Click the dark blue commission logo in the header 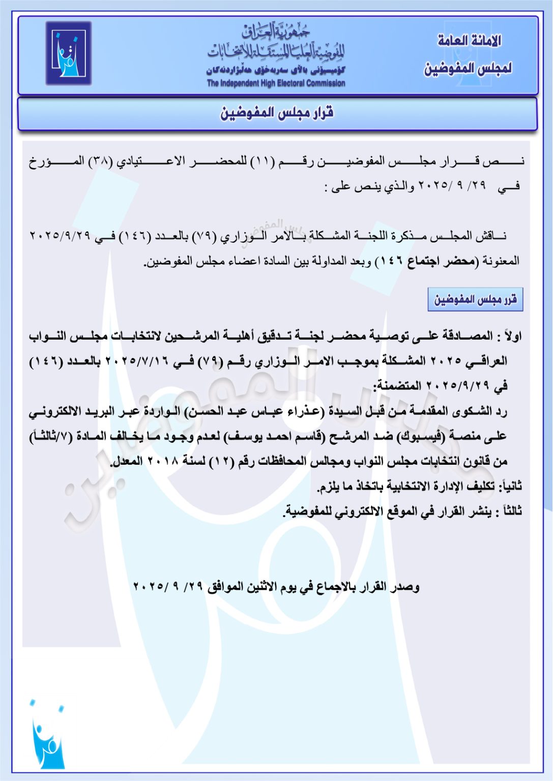(x=68, y=53)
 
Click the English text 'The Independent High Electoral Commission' (x=276, y=83)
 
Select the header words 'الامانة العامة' (x=469, y=41)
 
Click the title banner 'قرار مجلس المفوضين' (x=277, y=113)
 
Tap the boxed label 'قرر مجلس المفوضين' (x=475, y=299)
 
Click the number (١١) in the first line (x=265, y=162)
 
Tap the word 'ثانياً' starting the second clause (x=510, y=486)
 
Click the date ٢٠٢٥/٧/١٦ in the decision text (x=142, y=362)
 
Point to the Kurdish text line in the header (x=276, y=70)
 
